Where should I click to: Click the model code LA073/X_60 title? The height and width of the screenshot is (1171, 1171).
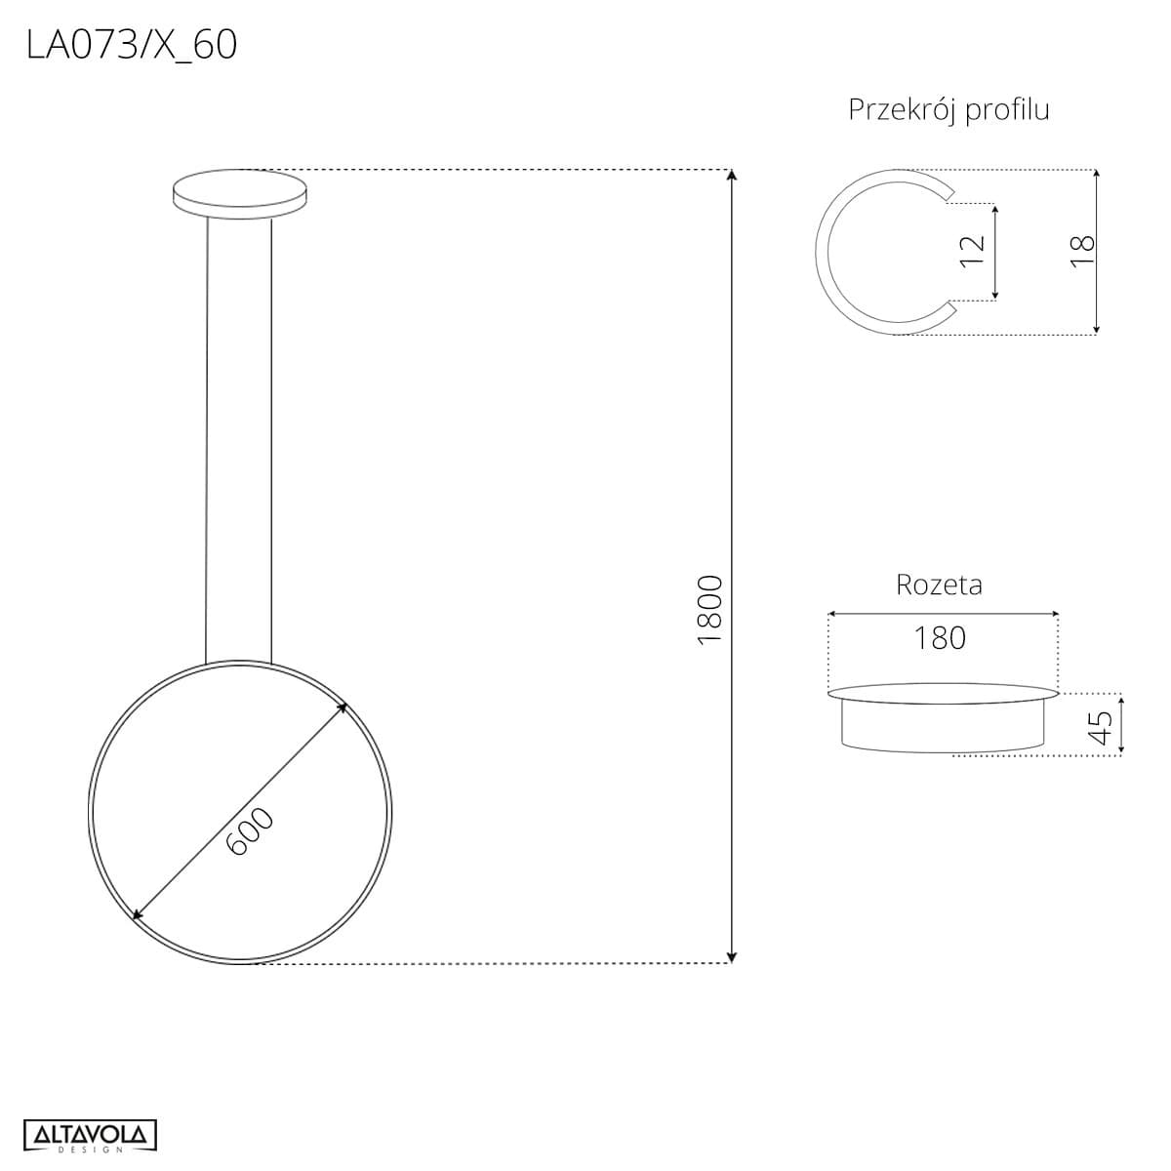coord(132,46)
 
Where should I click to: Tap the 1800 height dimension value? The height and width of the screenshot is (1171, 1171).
coord(709,610)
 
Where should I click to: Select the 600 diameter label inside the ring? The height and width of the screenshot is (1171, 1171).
coord(250,830)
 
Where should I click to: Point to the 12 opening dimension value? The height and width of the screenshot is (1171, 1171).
coord(972,251)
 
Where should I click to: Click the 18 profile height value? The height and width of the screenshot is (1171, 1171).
coord(1083,251)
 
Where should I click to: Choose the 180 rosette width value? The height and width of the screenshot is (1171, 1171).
coord(940,638)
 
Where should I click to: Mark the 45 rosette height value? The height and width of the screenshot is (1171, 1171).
coord(1101,727)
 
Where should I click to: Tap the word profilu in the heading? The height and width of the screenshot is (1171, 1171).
coord(1007,111)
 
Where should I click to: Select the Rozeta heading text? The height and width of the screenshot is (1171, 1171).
coord(940,585)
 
